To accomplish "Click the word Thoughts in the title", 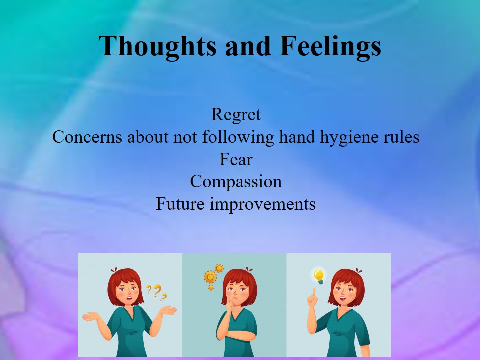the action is [x=157, y=46].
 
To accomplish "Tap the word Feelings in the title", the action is [x=330, y=46].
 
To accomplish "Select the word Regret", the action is [x=236, y=115].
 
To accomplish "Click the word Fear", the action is [x=236, y=160].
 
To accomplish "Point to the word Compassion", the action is [x=236, y=182].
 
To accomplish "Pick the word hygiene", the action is [x=349, y=137].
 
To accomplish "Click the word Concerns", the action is [x=87, y=137].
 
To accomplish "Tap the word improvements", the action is [x=263, y=204].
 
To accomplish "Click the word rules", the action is [x=401, y=137].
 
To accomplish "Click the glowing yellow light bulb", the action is [x=319, y=276].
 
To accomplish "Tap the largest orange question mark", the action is [x=157, y=291].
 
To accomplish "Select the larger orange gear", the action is [x=210, y=277].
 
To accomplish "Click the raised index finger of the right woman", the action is [x=314, y=292].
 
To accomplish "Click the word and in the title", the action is [x=248, y=46].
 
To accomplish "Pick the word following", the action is [x=238, y=137].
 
